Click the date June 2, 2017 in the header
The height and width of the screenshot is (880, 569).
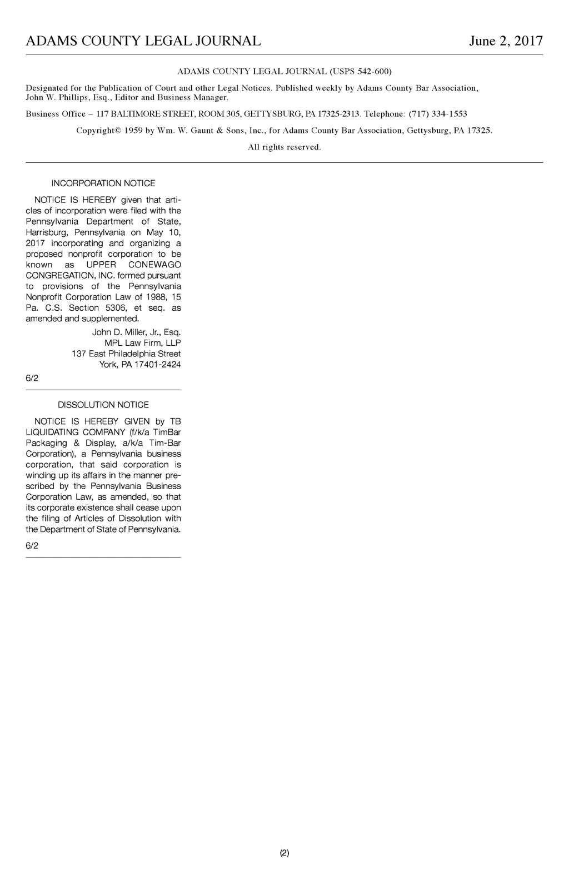(x=506, y=41)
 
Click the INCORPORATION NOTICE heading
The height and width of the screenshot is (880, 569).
(x=103, y=183)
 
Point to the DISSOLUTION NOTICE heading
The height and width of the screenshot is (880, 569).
(x=103, y=405)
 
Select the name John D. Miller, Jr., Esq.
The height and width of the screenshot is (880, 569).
(x=136, y=332)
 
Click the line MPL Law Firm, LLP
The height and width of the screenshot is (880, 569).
(x=143, y=343)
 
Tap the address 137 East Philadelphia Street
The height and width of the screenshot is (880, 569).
(x=126, y=354)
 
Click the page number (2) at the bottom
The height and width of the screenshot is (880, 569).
(x=284, y=853)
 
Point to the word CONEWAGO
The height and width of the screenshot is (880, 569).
(x=154, y=265)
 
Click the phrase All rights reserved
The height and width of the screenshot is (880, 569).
(x=284, y=147)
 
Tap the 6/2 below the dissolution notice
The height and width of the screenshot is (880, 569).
(x=32, y=546)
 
